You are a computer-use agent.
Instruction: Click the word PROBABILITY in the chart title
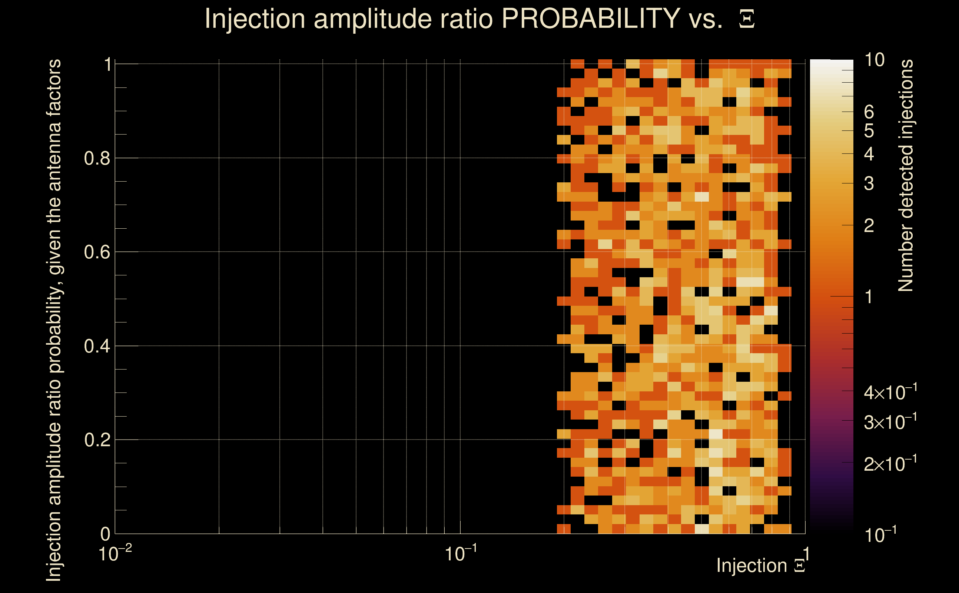(591, 19)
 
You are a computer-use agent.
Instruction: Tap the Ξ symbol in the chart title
(747, 19)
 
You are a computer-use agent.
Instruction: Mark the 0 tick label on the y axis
(105, 534)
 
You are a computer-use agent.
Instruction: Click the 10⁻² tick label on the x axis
(115, 553)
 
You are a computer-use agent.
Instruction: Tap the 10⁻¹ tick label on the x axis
(461, 553)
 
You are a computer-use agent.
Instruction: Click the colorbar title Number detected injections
(905, 175)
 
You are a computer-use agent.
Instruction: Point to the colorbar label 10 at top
(874, 60)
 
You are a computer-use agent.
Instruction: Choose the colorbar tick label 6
(869, 112)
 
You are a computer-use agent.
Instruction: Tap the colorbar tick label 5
(869, 130)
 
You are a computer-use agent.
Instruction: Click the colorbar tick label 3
(869, 183)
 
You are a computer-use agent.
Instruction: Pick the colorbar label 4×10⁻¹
(890, 392)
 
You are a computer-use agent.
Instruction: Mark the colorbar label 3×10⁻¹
(890, 422)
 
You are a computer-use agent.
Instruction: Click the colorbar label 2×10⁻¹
(890, 464)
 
